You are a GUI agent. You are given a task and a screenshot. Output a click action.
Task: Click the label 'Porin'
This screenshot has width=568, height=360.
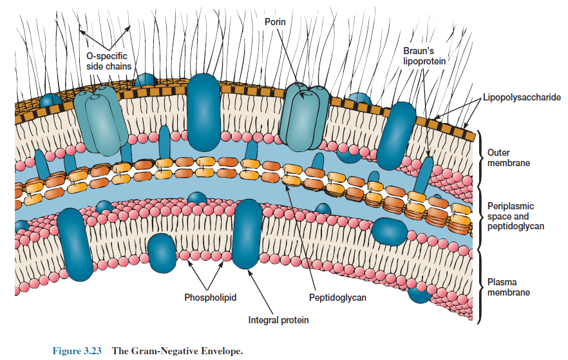coord(275,23)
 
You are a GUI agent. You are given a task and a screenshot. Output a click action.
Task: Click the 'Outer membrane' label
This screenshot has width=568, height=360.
coord(508,158)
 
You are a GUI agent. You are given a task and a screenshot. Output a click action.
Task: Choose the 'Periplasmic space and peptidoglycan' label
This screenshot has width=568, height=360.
coord(515,216)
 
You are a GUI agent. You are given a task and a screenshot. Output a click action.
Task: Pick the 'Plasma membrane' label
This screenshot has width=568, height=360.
coord(508,287)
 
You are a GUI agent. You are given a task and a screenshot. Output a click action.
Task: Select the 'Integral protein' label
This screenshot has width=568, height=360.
coord(278,320)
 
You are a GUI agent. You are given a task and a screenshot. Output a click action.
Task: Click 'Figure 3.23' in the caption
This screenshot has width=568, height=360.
coord(78,351)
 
